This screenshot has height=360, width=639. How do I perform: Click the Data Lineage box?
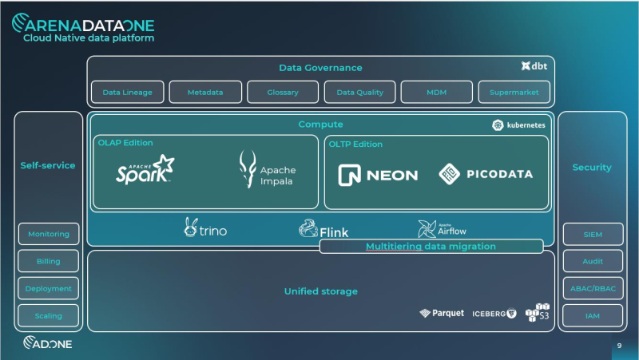coord(128,93)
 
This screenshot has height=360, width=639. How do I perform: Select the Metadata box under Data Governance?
coord(205,93)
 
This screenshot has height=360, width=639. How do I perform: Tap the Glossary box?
coord(283,93)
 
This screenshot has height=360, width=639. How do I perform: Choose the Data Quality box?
coord(360,93)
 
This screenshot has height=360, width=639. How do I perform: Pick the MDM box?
coord(437,93)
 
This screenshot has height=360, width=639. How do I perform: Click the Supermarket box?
coord(514,93)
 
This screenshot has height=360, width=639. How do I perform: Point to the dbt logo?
coord(534,66)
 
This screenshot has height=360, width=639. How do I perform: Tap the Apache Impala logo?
coord(267,170)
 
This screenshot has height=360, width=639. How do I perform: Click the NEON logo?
coord(378,175)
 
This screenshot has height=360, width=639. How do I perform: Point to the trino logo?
coord(205,228)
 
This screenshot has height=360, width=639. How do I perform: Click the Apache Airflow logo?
coord(442,229)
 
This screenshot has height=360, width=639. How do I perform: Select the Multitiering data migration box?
coord(431,247)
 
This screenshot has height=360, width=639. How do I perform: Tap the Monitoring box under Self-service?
coord(49,234)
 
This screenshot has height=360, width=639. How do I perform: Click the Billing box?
coord(49,261)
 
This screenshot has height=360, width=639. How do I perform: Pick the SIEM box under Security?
coord(592,234)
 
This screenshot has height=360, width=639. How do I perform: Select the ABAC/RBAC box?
coord(592,288)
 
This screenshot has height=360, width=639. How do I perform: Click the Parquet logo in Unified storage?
coord(442,313)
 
